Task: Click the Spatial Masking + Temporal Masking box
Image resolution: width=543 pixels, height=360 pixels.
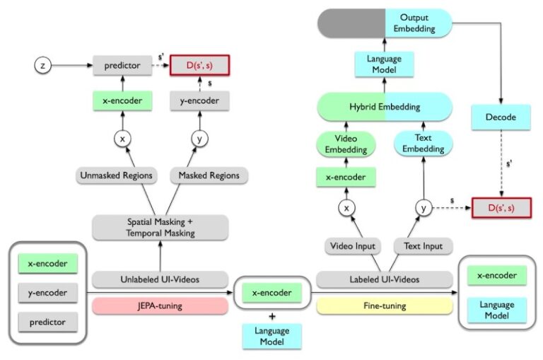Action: pos(160,227)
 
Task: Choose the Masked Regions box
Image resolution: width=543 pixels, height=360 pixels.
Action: pos(209,175)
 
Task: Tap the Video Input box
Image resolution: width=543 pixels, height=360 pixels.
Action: pos(353,246)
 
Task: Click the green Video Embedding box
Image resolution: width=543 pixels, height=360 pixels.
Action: pos(346,144)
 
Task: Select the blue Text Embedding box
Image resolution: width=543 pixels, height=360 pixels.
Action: pos(423,144)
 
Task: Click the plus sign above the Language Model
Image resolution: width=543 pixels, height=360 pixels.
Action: pos(272,315)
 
